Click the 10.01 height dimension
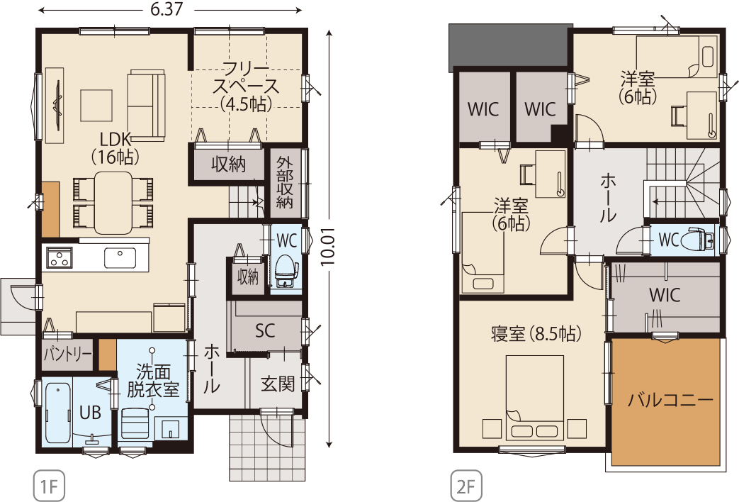pos(329,247)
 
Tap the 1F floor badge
pos(49,485)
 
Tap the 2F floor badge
pos(467,485)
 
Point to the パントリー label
pos(68,354)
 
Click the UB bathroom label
pos(90,413)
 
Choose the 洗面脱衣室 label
pos(153,380)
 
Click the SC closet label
pos(265,330)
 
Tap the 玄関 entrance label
pos(278,384)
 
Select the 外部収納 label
pos(285,183)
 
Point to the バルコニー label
pos(670,401)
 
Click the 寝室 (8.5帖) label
pos(536,334)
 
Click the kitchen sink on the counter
pos(120,257)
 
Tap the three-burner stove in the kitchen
pos(60,258)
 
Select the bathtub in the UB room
pos(58,413)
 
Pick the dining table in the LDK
pos(113,203)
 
